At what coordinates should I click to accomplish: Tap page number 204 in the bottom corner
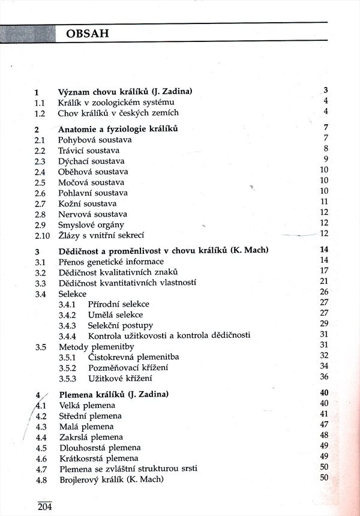(44, 506)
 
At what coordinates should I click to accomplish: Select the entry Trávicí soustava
(88, 151)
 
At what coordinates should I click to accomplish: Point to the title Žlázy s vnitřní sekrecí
(101, 235)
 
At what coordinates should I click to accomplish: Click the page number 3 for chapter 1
(325, 91)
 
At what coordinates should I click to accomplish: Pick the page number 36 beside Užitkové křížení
(325, 377)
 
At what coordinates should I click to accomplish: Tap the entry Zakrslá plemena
(90, 437)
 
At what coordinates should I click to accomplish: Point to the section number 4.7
(41, 468)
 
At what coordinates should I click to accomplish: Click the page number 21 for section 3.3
(325, 281)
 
